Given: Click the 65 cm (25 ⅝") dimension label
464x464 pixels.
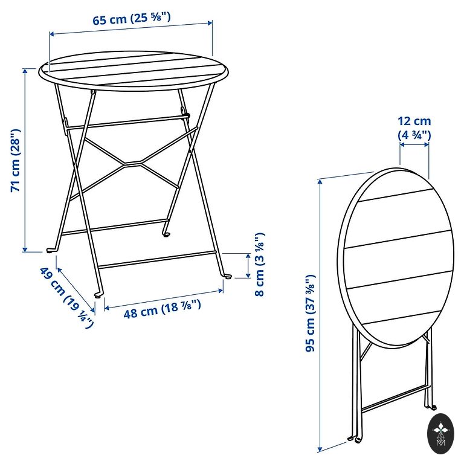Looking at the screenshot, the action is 132,19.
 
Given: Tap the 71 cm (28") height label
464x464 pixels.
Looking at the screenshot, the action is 15,161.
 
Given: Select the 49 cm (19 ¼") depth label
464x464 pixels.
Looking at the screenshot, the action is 67,297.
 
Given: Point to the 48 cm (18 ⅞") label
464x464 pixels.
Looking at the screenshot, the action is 162,309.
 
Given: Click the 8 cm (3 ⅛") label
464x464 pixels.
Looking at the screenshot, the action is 260,264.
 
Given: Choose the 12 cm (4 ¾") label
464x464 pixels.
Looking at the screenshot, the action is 414,128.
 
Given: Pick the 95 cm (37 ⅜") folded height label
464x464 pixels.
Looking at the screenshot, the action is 310,314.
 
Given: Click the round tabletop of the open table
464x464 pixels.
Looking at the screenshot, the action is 134,71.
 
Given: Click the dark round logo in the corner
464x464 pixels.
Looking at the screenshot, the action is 440,434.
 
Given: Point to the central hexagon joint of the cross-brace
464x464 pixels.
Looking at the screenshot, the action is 132,163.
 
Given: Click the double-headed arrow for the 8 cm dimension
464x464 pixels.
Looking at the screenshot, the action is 248,265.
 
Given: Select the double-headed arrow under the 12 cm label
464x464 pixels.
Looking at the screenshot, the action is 414,145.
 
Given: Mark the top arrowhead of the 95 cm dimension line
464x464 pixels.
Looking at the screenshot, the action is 320,181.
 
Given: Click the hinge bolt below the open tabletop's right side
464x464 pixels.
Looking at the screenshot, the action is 187,115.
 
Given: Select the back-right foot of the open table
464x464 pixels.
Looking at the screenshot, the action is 166,234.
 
